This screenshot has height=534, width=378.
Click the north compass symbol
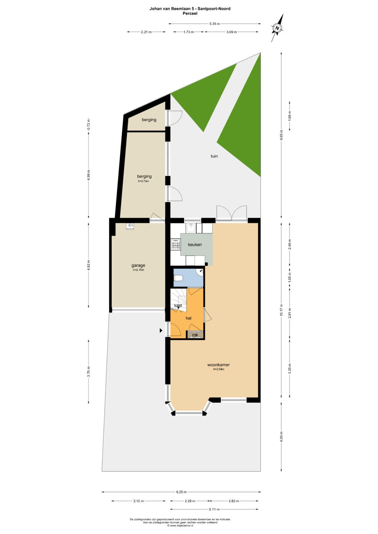point(277,28)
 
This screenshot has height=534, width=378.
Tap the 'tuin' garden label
point(214,156)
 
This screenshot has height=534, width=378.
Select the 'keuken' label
point(195,244)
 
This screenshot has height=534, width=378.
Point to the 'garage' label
point(138,265)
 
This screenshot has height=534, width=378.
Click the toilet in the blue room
point(178,278)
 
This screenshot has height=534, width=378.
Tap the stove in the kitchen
point(175,244)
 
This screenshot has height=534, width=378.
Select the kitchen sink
point(191,228)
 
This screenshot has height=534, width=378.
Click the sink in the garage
point(130,226)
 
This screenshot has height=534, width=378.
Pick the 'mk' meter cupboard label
point(195,335)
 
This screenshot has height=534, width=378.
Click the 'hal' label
point(189,318)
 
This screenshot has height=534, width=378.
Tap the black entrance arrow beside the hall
point(161,330)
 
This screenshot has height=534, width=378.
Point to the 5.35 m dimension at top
point(215,23)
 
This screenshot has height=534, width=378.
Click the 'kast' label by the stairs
point(178,305)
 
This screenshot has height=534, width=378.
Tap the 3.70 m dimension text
point(89,371)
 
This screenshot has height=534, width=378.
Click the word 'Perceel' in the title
point(190,14)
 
